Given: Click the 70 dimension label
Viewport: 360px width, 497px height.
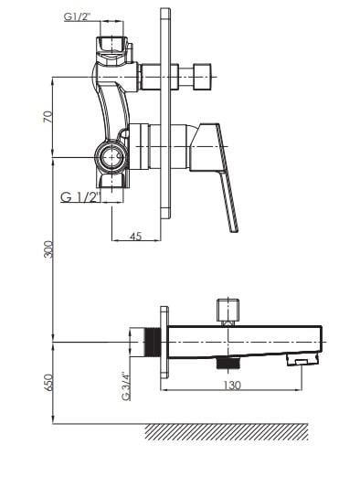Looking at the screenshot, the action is [x=48, y=117].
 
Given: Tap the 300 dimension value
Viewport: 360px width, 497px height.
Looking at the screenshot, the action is [x=48, y=249].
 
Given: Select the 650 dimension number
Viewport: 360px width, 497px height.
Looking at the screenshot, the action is [x=48, y=383].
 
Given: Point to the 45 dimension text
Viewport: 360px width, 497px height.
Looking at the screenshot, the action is [x=135, y=236].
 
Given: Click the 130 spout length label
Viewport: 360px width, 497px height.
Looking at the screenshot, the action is [x=232, y=386].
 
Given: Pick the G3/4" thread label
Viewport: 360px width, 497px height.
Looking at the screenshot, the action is [x=126, y=386].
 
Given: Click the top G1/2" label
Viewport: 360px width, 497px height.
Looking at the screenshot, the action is [x=77, y=16].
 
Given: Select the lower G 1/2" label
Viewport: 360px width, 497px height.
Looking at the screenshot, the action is [x=79, y=197].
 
